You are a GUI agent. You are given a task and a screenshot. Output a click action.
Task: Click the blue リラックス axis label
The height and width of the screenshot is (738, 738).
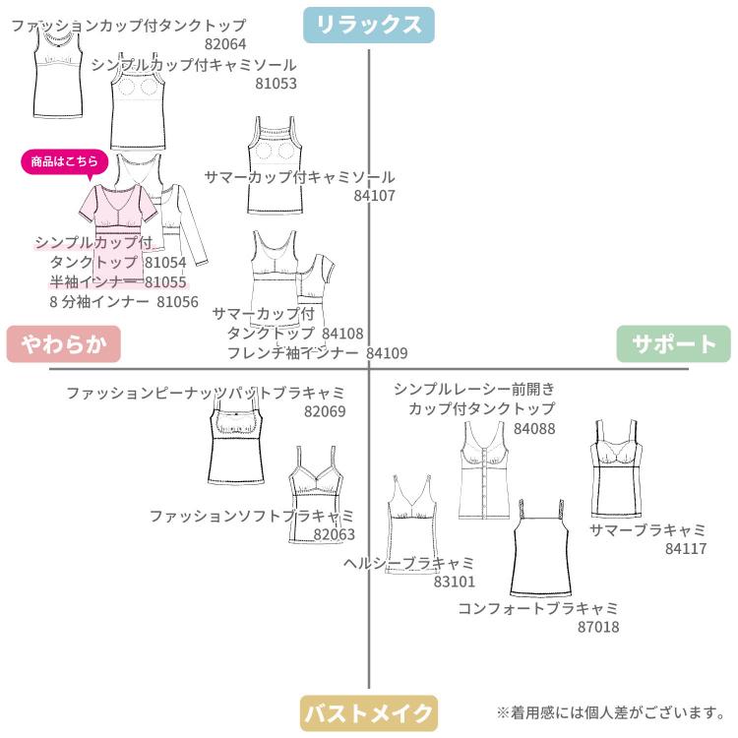tap(369, 25)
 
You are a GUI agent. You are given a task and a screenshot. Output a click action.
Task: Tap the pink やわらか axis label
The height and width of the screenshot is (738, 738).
tap(63, 344)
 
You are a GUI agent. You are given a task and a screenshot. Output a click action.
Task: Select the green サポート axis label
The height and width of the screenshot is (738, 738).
tap(674, 344)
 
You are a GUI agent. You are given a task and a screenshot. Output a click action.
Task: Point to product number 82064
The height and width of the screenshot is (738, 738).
tap(225, 44)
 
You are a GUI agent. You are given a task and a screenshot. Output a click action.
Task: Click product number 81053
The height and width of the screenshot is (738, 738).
tap(276, 84)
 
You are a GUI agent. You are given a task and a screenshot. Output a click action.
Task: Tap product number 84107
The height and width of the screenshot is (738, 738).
tap(374, 196)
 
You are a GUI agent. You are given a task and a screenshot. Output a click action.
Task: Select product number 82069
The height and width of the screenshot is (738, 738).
tap(325, 411)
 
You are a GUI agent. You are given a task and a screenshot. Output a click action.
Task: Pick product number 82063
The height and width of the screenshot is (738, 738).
tap(335, 534)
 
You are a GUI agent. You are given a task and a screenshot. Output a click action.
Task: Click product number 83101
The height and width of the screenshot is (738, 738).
tap(455, 582)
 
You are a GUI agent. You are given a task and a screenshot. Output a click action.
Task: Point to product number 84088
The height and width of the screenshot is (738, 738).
tap(534, 428)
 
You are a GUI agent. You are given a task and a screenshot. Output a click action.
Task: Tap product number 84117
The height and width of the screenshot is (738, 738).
tap(686, 548)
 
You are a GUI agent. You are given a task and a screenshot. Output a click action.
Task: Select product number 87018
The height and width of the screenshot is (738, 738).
tap(598, 626)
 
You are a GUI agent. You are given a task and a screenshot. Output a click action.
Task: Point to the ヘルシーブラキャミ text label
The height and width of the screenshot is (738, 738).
tap(409, 563)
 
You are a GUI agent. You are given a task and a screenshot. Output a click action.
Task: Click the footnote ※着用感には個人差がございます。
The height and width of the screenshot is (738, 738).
tap(611, 711)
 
